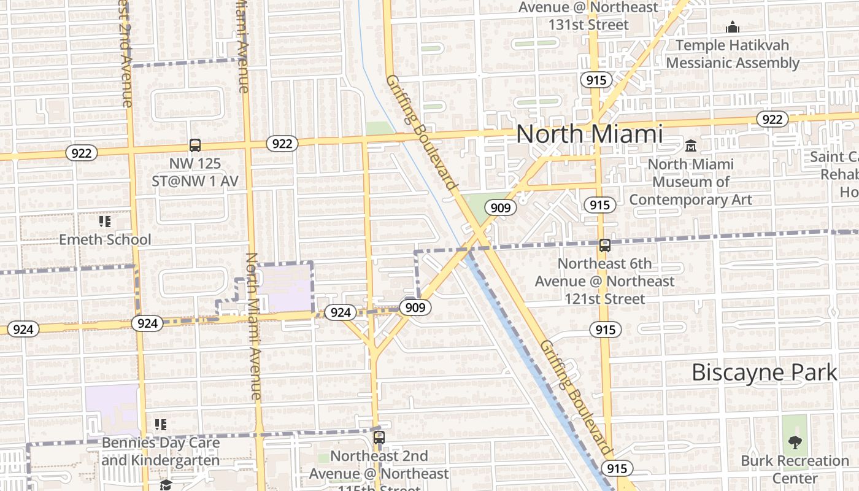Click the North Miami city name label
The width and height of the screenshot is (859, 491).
tap(589, 134)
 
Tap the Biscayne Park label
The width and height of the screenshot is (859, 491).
tap(764, 373)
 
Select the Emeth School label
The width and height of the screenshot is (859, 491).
tap(105, 239)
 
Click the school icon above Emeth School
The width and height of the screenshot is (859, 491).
tap(105, 222)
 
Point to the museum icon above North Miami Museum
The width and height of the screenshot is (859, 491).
tap(691, 146)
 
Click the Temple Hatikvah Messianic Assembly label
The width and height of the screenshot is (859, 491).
tap(733, 54)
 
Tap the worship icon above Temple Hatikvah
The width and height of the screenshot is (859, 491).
tap(732, 27)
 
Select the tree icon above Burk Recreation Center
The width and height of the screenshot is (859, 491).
tap(795, 442)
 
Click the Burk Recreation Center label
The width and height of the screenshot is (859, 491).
tap(795, 469)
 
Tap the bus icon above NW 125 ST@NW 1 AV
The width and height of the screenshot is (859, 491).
tap(195, 145)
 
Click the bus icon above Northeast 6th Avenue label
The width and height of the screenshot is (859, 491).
tap(605, 245)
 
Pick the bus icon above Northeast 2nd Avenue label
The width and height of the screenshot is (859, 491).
tap(379, 438)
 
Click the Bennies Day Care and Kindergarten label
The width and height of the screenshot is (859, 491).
tap(161, 451)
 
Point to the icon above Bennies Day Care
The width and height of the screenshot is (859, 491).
tap(161, 424)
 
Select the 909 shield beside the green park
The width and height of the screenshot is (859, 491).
tap(501, 207)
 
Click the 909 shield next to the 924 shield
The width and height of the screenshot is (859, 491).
tap(415, 307)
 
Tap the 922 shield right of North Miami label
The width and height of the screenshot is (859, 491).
tap(772, 119)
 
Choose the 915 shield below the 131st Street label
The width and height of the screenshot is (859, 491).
tap(596, 80)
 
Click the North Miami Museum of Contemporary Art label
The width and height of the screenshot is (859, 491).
tap(691, 182)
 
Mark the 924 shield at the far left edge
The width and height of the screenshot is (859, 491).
tap(23, 329)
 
